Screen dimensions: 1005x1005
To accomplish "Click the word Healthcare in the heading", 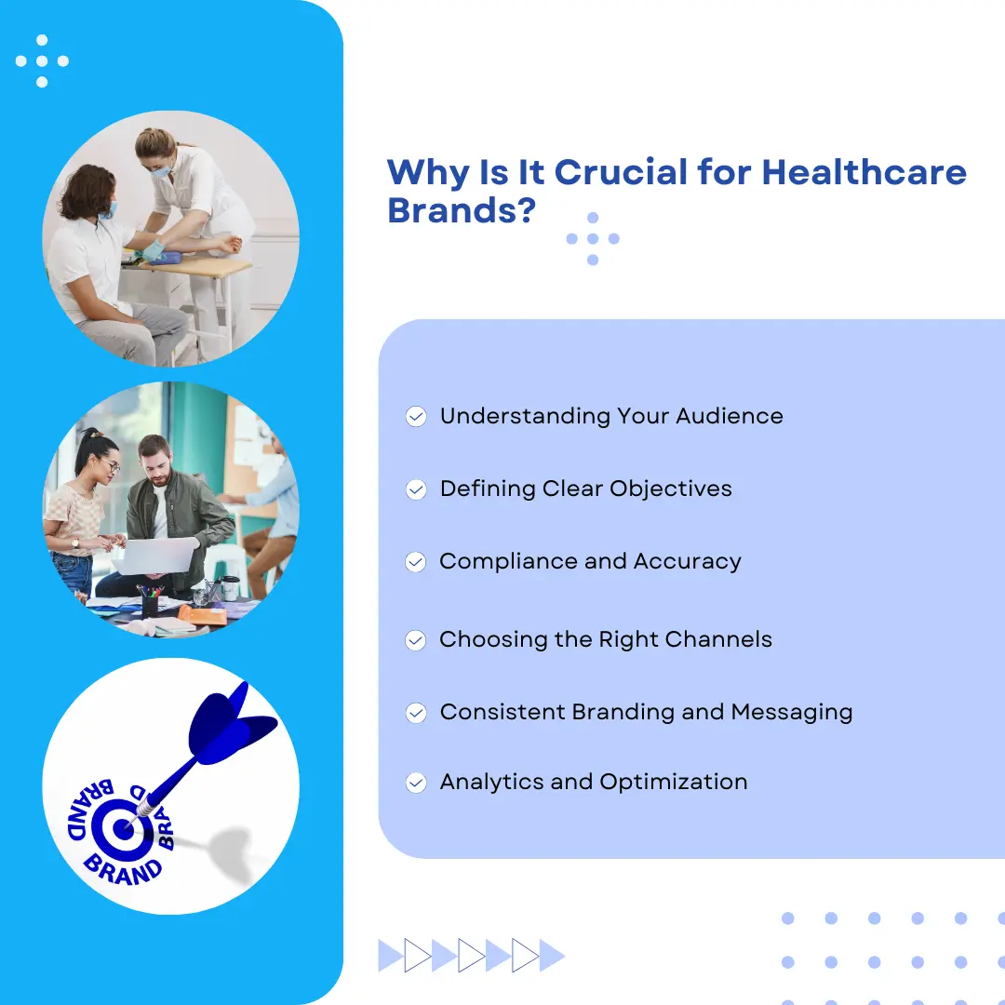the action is tap(864, 172).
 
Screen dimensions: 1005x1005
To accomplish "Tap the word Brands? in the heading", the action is tap(462, 210).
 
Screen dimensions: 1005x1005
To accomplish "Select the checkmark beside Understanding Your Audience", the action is tap(416, 417).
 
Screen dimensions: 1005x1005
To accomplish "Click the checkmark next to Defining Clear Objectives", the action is tap(416, 489).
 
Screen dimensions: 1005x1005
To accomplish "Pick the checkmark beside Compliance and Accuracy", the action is tap(415, 562).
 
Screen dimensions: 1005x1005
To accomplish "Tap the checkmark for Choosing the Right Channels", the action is tap(415, 640).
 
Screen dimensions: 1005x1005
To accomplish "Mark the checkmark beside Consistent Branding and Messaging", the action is tap(416, 713).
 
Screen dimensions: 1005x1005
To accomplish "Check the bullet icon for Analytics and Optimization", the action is tap(416, 783).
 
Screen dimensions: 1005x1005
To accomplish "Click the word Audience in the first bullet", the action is tap(730, 416).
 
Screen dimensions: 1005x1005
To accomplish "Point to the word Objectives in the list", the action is tap(670, 489).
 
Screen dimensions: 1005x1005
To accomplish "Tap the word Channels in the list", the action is tap(718, 639).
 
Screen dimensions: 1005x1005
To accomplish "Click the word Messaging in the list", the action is tap(792, 713).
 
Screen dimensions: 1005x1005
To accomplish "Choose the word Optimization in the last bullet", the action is tap(674, 783).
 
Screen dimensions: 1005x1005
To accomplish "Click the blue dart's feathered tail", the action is tap(230, 724).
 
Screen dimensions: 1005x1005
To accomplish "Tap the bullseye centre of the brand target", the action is tap(122, 829).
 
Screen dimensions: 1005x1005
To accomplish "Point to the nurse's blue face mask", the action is tap(161, 171).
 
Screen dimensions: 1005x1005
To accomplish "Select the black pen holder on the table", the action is tap(150, 605).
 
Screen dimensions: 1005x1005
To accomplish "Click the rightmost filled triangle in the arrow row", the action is tap(551, 956).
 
